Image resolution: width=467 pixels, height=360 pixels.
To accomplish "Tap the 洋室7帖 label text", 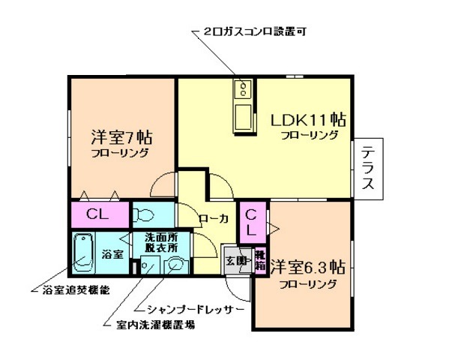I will coord(122,137).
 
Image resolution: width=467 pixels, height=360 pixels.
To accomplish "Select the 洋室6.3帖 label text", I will coord(307,268).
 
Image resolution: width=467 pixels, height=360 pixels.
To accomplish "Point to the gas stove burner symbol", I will coord(245,91).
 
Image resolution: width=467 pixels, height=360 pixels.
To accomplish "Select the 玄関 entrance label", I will coord(235,260).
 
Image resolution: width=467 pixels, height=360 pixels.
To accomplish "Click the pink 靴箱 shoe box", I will coord(259,260).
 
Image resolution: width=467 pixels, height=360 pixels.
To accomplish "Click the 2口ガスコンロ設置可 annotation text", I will coord(255,32).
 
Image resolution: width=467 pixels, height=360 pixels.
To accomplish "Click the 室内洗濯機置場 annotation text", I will coord(157,325).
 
